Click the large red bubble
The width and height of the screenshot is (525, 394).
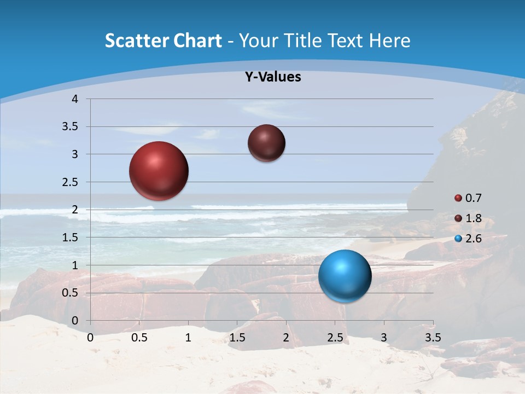159,171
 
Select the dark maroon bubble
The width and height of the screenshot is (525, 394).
266,143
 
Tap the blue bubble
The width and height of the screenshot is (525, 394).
345,276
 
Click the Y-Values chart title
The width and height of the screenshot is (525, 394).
273,77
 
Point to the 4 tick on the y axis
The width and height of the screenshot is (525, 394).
75,99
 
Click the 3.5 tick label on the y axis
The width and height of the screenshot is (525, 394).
71,127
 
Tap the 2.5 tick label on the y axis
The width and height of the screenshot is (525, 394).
71,182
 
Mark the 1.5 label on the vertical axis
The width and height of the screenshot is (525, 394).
71,237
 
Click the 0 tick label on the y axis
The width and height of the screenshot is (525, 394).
75,321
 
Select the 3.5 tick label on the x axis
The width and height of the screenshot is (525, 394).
433,338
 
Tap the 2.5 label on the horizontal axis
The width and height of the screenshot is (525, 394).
335,338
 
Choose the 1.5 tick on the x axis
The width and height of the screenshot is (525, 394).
237,338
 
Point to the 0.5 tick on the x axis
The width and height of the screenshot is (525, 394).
139,338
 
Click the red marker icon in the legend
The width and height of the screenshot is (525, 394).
458,198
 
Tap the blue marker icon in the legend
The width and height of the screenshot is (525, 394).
458,239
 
